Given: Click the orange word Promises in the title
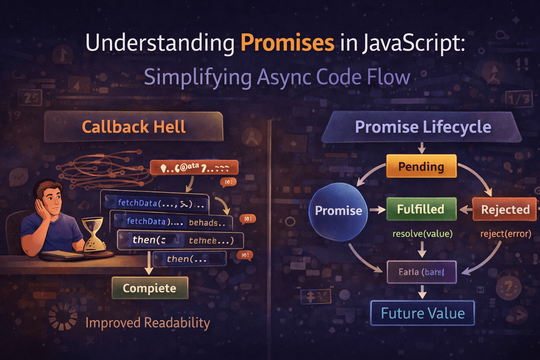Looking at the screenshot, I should pos(287,43).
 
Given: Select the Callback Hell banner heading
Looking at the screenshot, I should pos(134,127).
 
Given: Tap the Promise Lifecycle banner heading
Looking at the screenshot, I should pos(423,127).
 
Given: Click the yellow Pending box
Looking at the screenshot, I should pos(421,166).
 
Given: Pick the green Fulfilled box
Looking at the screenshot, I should pos(421,209).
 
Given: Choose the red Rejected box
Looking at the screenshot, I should pos(505,210).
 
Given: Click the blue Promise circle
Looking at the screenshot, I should pos(338,211).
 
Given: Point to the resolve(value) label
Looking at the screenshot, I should pos(422,234).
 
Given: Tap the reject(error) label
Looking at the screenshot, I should pos(506,234).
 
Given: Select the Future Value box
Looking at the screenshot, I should pos(423,313).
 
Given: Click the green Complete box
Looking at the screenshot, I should pos(150,288).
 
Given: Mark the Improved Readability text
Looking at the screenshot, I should pos(148,323).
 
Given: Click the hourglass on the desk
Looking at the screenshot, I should pos(94,234).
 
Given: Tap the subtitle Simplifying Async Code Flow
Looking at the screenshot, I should pos(277,77).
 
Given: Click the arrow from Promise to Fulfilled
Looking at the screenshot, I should pos(377,210).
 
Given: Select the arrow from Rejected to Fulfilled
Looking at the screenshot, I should pos(465,210).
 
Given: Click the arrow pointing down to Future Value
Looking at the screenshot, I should pos(422,292).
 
